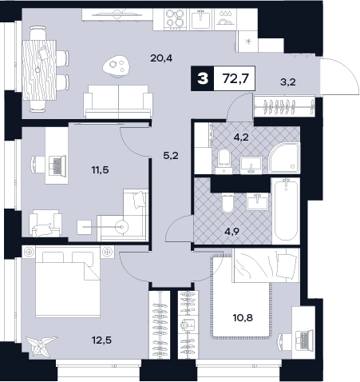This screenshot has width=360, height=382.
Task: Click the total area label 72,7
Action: coord(235,78)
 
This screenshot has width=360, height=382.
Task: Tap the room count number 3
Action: coord(203,79)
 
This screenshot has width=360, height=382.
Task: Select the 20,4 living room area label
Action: coord(161,58)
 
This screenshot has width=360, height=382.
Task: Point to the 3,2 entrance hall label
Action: coord(288,82)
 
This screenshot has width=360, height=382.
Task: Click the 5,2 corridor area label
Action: coord(171,155)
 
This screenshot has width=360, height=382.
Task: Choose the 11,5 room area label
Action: coord(100,169)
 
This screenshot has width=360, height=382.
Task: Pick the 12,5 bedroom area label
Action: coord(101,340)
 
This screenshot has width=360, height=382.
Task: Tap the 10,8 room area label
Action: coord(243,317)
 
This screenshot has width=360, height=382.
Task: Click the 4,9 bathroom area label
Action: coord(231,231)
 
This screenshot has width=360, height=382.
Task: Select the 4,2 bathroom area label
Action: coord(241,137)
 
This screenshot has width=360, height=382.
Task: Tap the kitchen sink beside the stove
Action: coord(201,18)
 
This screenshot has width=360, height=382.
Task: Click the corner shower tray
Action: coord(285,157)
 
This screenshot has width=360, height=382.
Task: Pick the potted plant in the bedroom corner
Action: coord(41,345)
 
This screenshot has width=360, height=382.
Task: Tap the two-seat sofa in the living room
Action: coord(118,101)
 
